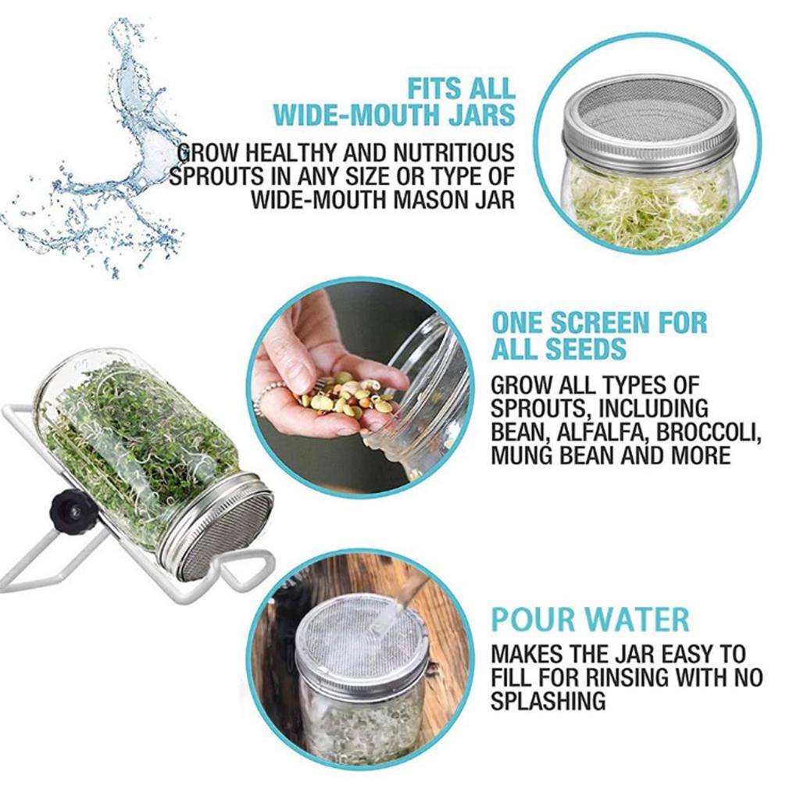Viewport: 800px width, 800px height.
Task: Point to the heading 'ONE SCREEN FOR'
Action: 599,323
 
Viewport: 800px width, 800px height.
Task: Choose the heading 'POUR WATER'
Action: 591,619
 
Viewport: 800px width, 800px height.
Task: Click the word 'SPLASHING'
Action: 548,701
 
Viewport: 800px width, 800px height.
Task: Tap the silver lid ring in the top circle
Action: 649,141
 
